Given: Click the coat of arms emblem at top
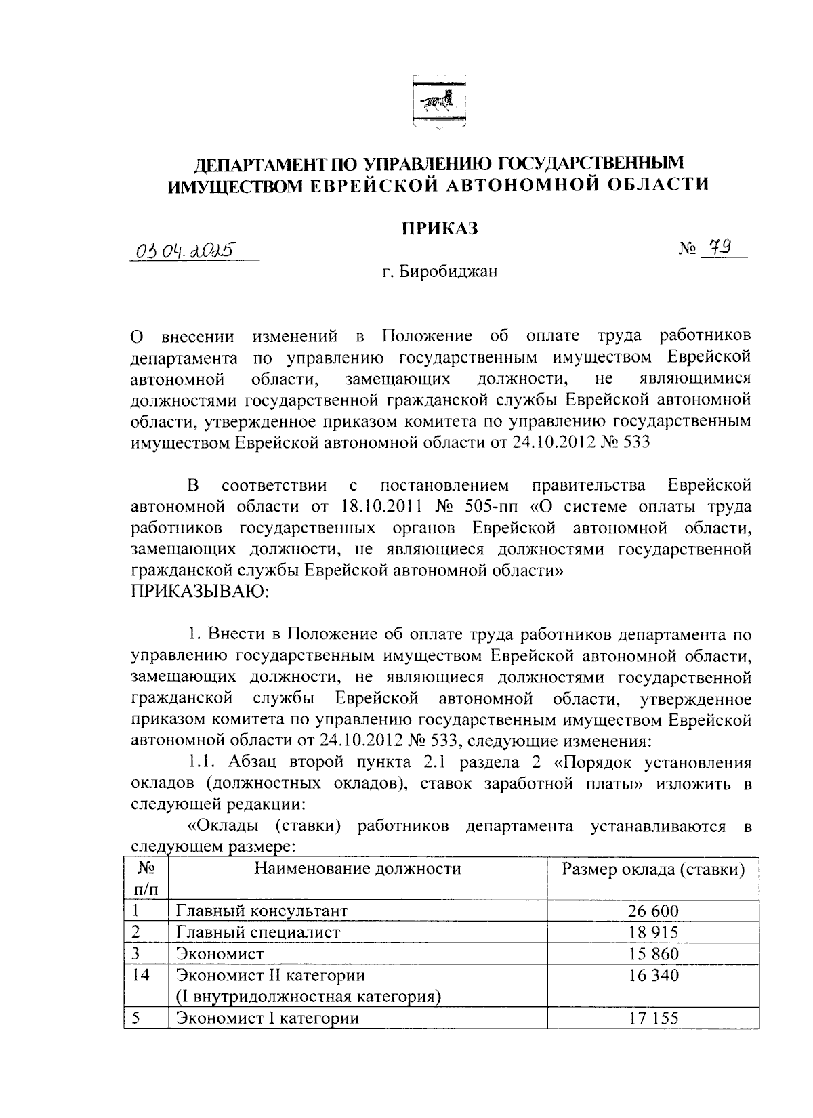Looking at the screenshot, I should [438, 102].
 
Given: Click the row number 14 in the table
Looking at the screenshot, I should [140, 976].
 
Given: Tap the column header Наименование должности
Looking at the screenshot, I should [357, 869].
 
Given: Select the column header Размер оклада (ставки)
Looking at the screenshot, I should [653, 869].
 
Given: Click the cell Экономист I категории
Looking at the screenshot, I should [267, 1018].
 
